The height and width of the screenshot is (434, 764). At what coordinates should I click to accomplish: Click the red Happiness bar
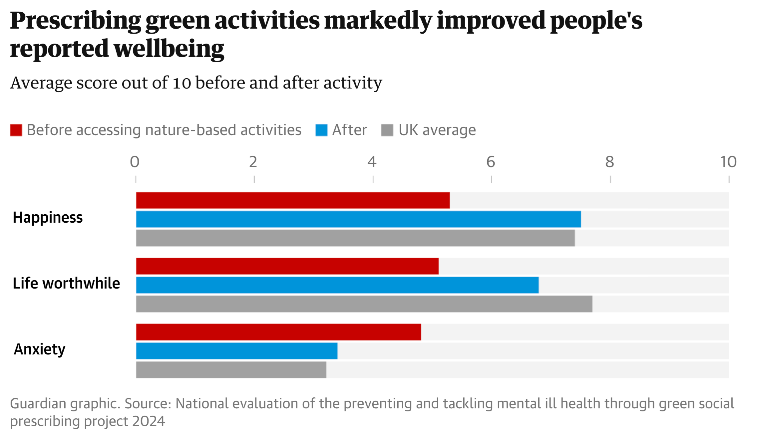point(293,200)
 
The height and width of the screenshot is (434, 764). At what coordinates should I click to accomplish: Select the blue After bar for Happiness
point(358,219)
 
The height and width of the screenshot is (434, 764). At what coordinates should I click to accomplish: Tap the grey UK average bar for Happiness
point(355,238)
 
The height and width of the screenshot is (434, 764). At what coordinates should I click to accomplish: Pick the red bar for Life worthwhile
point(287,266)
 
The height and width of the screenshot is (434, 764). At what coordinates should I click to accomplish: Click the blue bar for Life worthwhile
point(337,285)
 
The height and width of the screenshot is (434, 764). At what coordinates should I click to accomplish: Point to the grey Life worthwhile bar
point(364,304)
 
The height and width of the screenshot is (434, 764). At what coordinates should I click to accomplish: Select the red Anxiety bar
point(278,332)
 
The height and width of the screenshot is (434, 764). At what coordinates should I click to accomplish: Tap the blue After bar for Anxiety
point(237,351)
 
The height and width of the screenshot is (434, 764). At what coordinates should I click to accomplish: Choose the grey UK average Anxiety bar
point(231,370)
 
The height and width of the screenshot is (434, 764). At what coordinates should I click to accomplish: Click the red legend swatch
point(16,130)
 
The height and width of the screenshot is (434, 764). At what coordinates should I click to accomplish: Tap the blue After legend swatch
point(321,130)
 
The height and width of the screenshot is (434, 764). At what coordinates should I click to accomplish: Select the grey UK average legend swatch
point(387,130)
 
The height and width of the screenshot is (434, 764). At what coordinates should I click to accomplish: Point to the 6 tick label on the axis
point(491,162)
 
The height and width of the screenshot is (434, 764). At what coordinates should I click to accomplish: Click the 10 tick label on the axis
point(728,162)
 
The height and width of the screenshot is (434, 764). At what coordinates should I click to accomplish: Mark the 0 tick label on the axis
point(135,162)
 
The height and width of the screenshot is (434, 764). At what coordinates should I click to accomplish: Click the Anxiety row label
point(40,349)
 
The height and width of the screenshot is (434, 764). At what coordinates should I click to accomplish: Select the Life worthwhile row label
point(66,284)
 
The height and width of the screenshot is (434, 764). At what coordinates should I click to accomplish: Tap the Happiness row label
point(48,218)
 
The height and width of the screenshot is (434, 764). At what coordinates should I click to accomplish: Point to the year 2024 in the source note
point(149,421)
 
